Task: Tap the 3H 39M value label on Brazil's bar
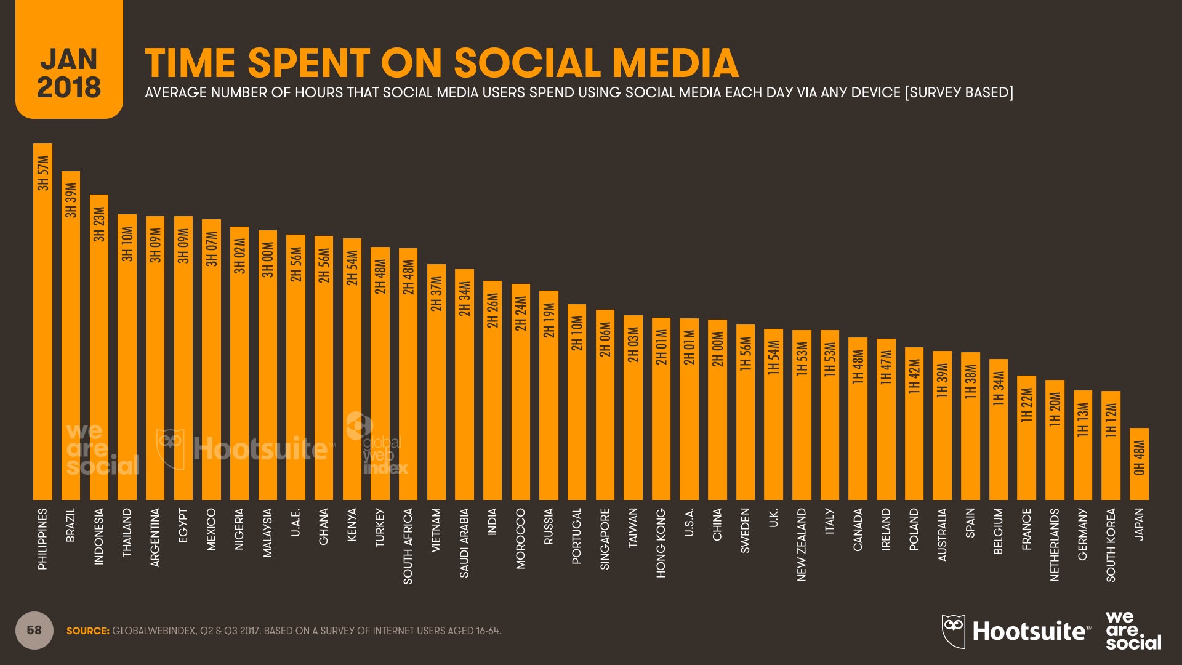pos(71,200)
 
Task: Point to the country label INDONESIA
pos(98,536)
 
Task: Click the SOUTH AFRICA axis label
pos(408,546)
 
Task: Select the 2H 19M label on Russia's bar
pos(549,320)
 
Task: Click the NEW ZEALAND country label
pos(802,544)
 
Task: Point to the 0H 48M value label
pos(1139,457)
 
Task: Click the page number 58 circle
pos(34,630)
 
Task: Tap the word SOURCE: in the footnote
pos(88,631)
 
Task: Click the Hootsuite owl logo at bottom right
pos(953,631)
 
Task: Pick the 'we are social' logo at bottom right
pos(1133,631)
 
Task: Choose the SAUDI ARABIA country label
pos(464,542)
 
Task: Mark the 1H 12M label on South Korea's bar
pos(1111,421)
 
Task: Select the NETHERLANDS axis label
pos(1055,544)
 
